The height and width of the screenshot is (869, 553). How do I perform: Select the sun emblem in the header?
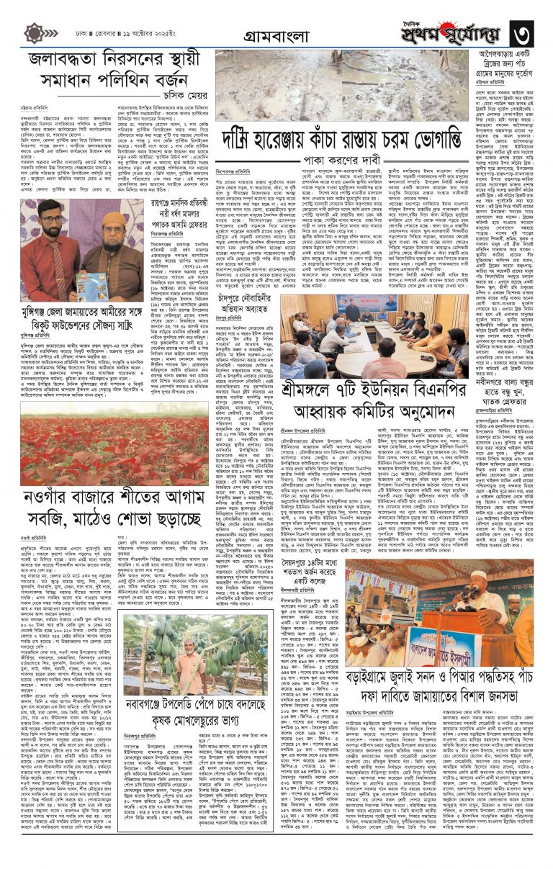(x=35, y=33)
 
